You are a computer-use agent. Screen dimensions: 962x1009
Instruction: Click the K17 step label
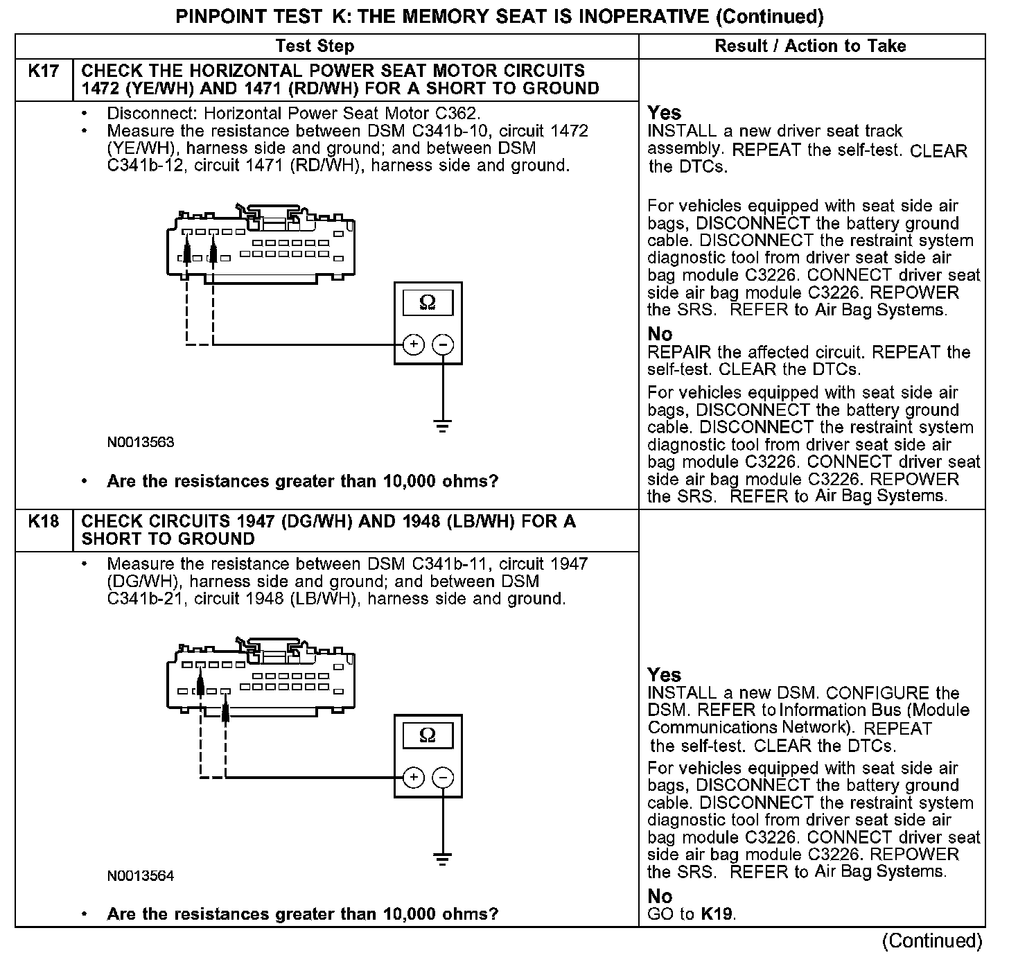(x=43, y=71)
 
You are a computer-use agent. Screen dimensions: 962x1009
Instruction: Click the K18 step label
(x=43, y=522)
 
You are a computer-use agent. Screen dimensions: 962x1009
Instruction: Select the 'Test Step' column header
(x=315, y=46)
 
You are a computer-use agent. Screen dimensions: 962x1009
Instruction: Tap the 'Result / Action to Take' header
(x=810, y=46)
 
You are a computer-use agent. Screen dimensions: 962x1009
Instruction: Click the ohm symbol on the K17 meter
(x=428, y=303)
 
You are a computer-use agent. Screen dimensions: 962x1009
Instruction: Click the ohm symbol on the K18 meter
(x=428, y=735)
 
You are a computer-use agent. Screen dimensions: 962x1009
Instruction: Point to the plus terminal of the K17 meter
(x=414, y=344)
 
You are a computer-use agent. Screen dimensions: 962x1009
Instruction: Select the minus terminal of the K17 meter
(x=444, y=344)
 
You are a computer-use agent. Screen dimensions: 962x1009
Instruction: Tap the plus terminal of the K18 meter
(x=414, y=778)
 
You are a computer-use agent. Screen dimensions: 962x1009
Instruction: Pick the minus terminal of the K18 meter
(x=444, y=778)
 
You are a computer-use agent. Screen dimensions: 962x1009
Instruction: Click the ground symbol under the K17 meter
(x=444, y=425)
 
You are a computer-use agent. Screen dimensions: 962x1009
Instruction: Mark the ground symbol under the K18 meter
(x=444, y=859)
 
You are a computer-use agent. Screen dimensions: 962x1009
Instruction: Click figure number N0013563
(x=141, y=442)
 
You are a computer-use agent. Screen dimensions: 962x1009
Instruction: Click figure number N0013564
(x=141, y=876)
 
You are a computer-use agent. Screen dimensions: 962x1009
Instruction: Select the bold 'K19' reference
(x=717, y=914)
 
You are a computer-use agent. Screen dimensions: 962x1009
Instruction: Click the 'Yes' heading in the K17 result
(x=664, y=113)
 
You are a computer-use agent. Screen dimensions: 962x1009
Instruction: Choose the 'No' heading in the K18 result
(x=660, y=897)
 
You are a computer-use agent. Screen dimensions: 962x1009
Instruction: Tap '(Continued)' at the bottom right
(x=932, y=941)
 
